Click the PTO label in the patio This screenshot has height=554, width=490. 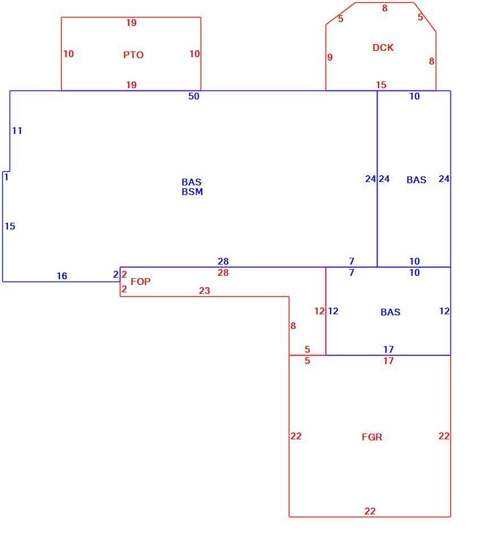click(x=133, y=55)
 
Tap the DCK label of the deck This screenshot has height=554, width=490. click(x=383, y=47)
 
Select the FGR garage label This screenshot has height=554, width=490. click(x=372, y=437)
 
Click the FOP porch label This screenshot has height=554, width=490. click(x=141, y=282)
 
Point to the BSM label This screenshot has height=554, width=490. click(x=192, y=192)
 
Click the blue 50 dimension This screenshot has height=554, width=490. click(x=194, y=96)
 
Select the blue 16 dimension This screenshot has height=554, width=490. click(x=62, y=276)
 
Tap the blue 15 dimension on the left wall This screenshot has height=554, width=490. click(x=10, y=226)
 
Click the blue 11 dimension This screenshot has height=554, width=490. click(x=17, y=131)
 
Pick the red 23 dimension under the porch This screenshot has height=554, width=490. click(x=205, y=291)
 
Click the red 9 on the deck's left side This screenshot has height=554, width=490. click(x=330, y=57)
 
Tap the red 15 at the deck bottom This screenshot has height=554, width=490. click(x=381, y=85)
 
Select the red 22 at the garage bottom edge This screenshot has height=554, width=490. click(x=370, y=511)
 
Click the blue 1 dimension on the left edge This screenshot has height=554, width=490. click(x=6, y=177)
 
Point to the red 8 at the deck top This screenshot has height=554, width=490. click(x=385, y=8)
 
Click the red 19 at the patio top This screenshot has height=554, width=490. click(x=132, y=23)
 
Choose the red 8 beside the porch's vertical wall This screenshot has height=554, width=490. click(x=293, y=326)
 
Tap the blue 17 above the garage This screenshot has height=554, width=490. click(x=388, y=349)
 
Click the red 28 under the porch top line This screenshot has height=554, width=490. click(x=223, y=272)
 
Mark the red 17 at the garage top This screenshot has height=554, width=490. click(x=388, y=361)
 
